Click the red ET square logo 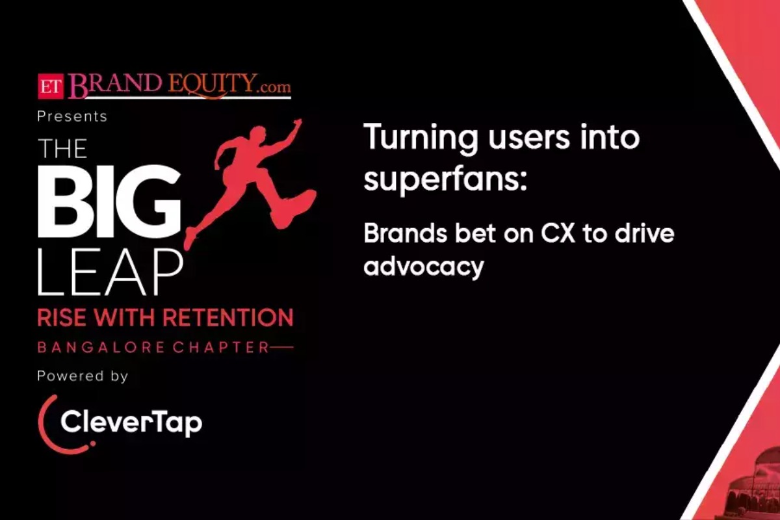[51, 86]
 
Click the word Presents [72, 117]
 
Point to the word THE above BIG [62, 149]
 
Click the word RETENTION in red [227, 318]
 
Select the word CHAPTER [221, 348]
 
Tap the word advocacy [423, 266]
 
